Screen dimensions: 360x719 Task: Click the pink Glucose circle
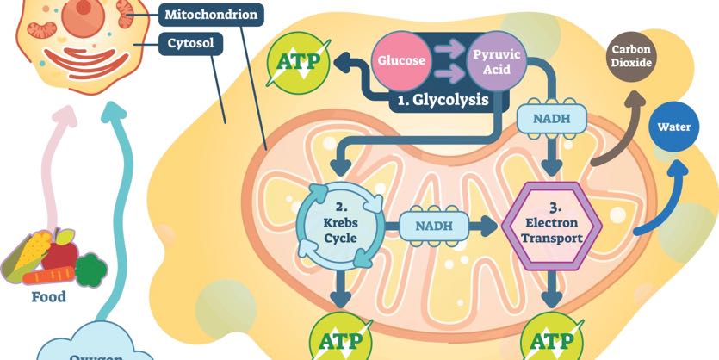pyautogui.click(x=400, y=61)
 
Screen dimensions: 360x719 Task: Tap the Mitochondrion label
pyautogui.click(x=212, y=15)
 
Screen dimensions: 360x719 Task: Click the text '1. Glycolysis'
pyautogui.click(x=443, y=100)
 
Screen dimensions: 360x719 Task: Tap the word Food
pyautogui.click(x=48, y=297)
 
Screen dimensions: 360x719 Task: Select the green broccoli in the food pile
pyautogui.click(x=90, y=269)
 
